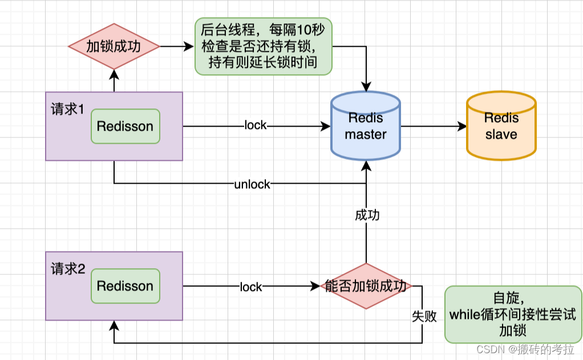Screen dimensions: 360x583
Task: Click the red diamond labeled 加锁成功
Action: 114,46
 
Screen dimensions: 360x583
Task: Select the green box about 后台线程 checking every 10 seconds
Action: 263,46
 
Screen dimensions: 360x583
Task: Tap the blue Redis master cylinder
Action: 366,126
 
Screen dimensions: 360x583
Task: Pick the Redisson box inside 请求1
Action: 125,126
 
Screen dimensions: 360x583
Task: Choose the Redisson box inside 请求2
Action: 125,286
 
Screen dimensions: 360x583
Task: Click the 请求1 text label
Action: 68,109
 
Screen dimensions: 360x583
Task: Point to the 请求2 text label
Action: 68,269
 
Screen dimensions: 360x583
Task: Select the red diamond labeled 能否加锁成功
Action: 366,286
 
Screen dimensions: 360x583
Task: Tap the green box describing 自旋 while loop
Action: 513,314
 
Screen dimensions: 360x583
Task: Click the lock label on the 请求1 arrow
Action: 255,126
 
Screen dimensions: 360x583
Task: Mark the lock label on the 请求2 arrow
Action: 251,286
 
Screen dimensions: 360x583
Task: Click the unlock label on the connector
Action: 252,184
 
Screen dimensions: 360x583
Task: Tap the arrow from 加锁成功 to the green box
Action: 177,46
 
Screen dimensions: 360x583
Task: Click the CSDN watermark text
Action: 525,349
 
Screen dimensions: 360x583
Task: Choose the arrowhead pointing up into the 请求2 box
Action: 114,325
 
